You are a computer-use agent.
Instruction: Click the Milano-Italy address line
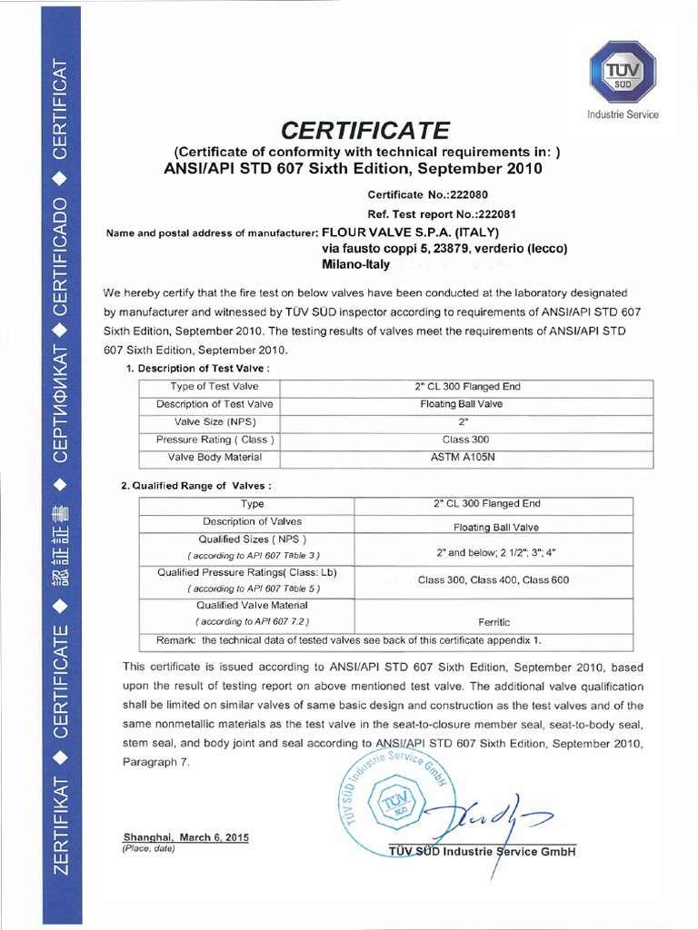(x=355, y=265)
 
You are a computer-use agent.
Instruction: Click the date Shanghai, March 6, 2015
(x=185, y=836)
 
